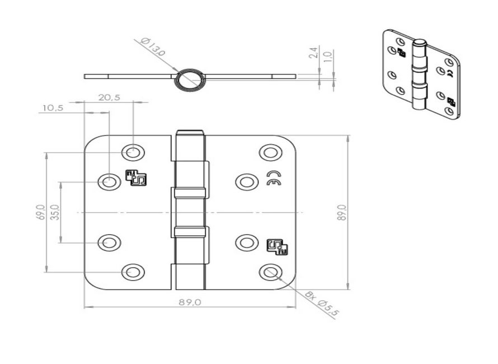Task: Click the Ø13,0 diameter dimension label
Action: (x=153, y=47)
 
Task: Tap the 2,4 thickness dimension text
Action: (x=314, y=54)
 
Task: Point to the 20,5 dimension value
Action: (x=109, y=97)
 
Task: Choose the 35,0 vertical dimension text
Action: (x=55, y=213)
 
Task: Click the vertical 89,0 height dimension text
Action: (x=342, y=213)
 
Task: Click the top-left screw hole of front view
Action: (x=133, y=152)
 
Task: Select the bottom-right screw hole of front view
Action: (x=270, y=272)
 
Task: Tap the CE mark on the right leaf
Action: (x=273, y=178)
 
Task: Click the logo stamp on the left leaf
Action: (x=136, y=178)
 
